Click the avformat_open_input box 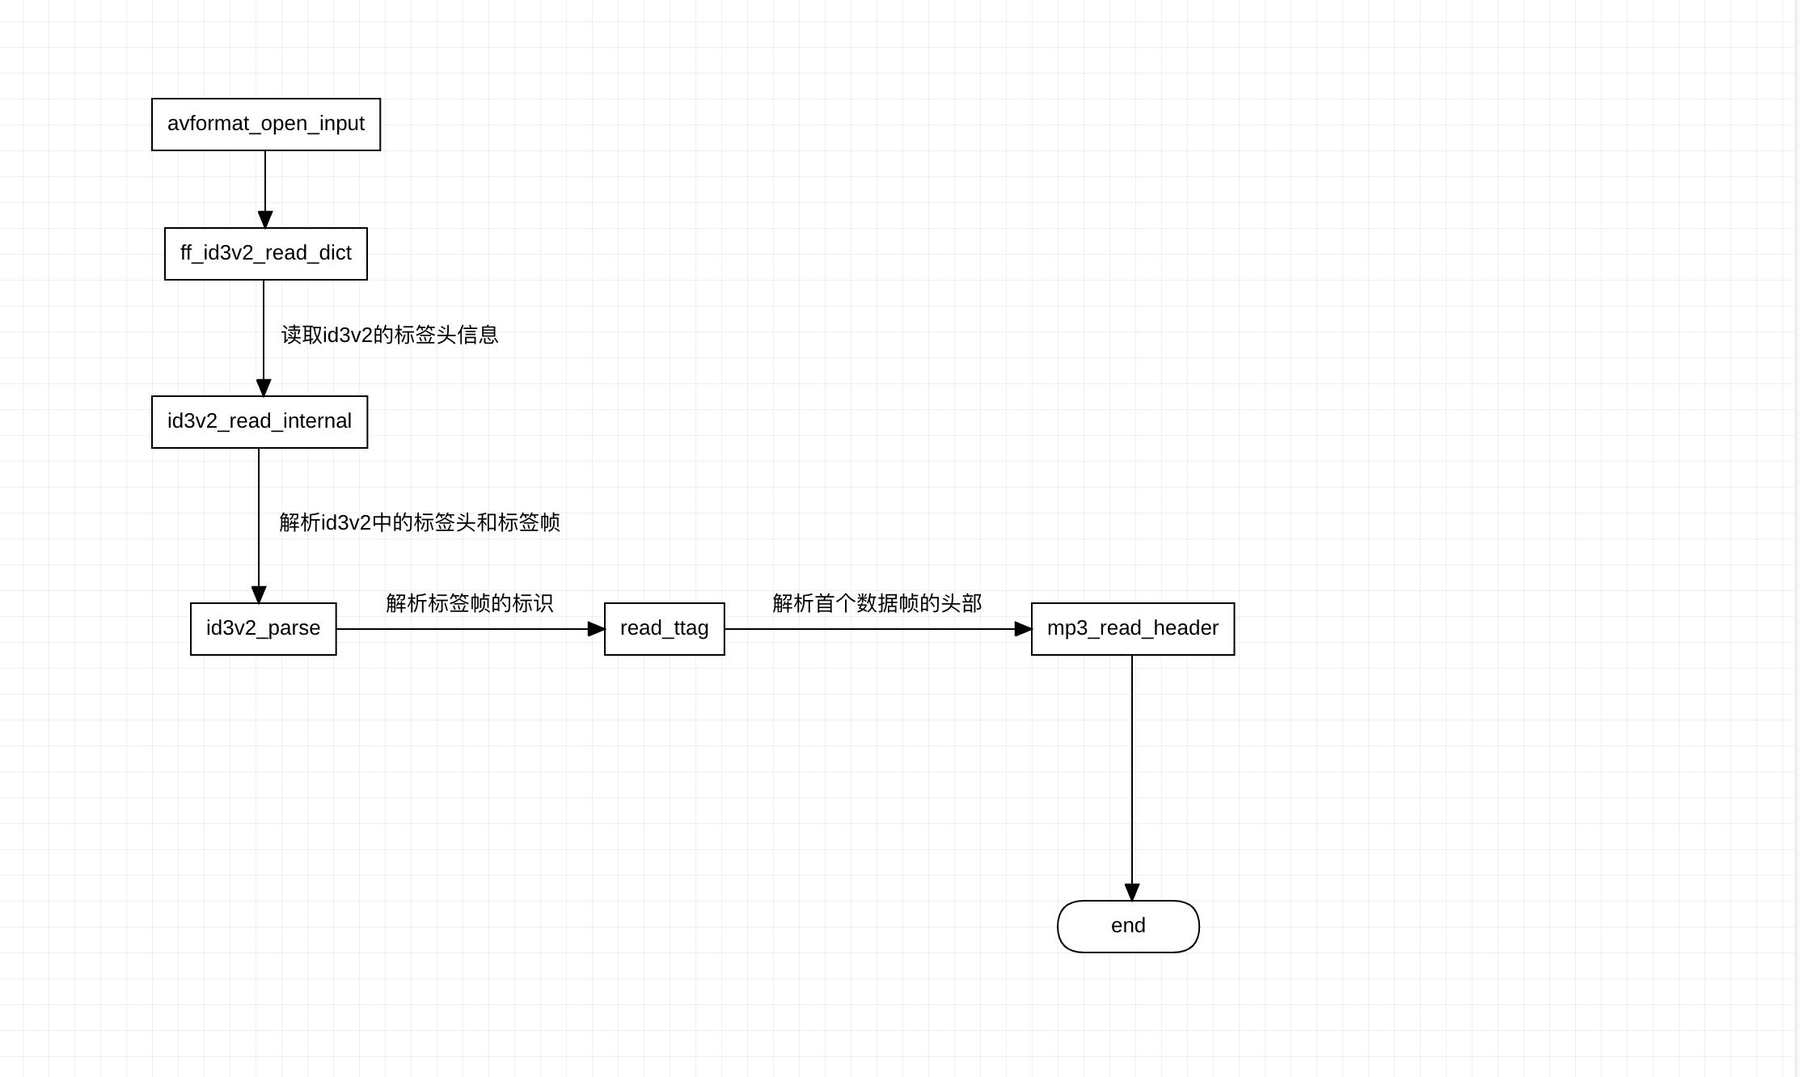[x=266, y=125]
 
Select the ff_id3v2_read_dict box [x=266, y=254]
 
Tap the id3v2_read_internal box [x=260, y=422]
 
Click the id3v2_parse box [x=264, y=629]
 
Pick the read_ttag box [x=665, y=629]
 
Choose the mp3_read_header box [x=1133, y=629]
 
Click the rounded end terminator [x=1128, y=927]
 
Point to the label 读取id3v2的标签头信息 [x=390, y=335]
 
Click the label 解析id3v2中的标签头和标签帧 [x=420, y=522]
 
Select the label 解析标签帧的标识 [x=470, y=603]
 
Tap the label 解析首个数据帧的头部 [x=877, y=603]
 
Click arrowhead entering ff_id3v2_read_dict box [x=265, y=220]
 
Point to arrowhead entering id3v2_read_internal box [x=264, y=388]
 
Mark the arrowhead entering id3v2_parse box [x=259, y=595]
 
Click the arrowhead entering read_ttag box [x=596, y=629]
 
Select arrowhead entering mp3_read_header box [x=1023, y=629]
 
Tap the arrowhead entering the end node [x=1132, y=892]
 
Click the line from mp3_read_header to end [x=1132, y=768]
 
